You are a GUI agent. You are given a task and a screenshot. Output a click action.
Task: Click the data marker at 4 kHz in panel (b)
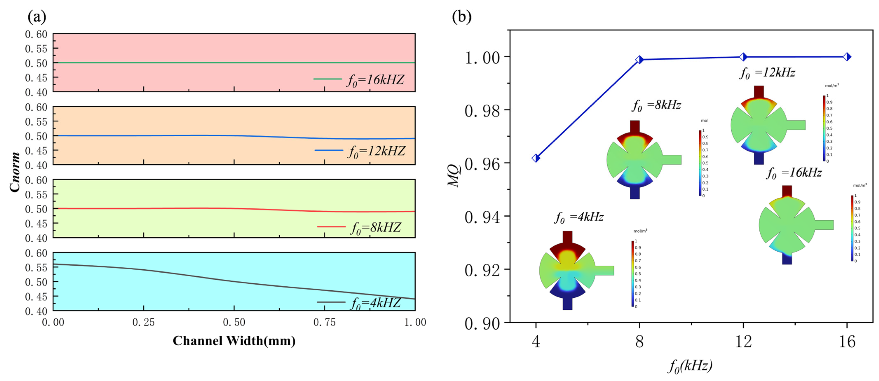(536, 158)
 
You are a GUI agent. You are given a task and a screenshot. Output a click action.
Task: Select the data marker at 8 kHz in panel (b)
(639, 60)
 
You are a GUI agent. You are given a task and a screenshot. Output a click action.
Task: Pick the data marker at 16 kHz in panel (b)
(847, 57)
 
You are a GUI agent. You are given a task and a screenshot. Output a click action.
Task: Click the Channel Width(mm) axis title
(234, 341)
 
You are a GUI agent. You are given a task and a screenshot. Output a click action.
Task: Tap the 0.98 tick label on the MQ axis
(482, 111)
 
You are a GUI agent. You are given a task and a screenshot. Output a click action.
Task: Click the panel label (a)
(37, 16)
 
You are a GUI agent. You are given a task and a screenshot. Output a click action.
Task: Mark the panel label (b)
(461, 16)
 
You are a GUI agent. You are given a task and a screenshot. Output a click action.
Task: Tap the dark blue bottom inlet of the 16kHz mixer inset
(787, 259)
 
